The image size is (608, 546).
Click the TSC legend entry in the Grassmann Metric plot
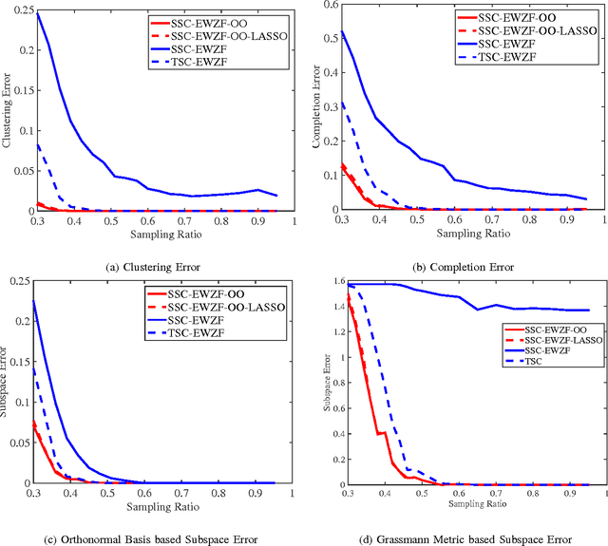click(x=534, y=362)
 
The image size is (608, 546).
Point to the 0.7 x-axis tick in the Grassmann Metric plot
click(x=496, y=494)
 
